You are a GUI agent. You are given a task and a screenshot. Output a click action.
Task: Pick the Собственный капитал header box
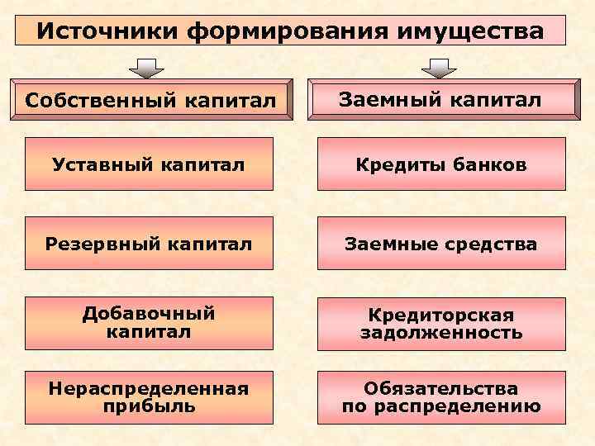coord(149,101)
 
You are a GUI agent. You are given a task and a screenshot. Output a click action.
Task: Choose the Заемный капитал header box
coord(441,100)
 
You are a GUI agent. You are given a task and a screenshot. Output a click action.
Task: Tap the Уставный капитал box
coord(149,164)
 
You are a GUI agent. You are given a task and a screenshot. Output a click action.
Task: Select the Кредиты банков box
coord(441,164)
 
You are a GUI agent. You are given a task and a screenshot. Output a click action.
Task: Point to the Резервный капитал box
coord(149,244)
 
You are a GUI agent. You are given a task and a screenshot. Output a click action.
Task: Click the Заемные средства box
coord(441,244)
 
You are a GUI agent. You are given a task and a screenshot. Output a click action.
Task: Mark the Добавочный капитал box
coord(149,322)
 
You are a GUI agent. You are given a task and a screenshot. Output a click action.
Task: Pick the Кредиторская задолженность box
coord(441,324)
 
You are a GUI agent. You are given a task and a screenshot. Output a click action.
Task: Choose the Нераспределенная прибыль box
coord(149,397)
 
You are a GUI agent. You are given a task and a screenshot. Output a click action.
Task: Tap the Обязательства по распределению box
coord(441,397)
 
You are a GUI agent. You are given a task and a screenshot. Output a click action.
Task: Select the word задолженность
coord(441,333)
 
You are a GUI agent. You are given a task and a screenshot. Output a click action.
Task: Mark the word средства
coord(493,244)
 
